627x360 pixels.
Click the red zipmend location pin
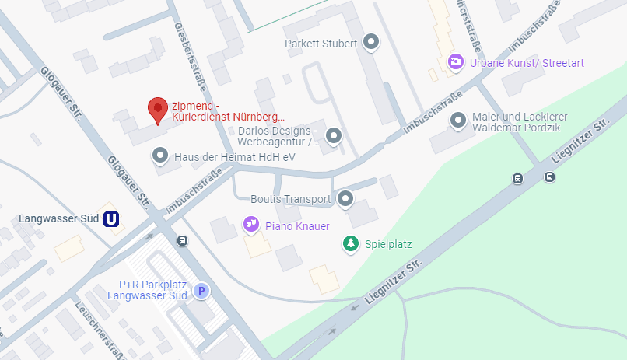158,110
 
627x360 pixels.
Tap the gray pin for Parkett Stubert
372,42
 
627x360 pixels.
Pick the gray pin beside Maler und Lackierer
457,121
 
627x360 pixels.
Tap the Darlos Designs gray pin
334,135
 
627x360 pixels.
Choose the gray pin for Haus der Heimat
160,156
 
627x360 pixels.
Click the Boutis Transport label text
291,199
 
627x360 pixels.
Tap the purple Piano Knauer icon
250,225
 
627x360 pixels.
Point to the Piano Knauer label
298,225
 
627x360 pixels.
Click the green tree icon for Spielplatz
351,244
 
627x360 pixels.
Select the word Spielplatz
388,244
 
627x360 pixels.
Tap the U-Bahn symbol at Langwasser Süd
112,219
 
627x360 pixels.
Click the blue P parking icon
201,291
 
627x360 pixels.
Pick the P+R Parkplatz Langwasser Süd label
147,290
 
